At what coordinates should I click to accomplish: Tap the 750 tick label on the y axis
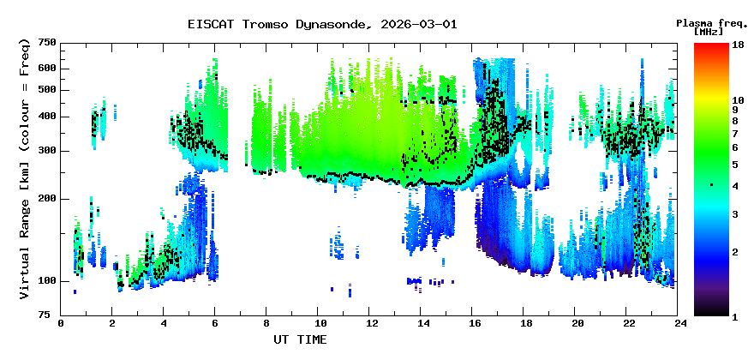pos(46,42)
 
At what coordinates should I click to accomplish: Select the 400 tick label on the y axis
pos(46,117)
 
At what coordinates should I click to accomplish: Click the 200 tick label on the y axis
pos(46,199)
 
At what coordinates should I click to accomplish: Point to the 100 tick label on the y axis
pos(46,281)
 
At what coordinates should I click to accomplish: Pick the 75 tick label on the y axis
pos(50,315)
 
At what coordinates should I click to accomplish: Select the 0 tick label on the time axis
pos(61,324)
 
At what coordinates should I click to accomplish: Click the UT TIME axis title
pos(300,339)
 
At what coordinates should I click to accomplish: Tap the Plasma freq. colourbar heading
pos(709,22)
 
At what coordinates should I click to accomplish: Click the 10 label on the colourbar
pos(736,100)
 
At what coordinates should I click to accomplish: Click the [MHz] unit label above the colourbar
pos(709,32)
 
